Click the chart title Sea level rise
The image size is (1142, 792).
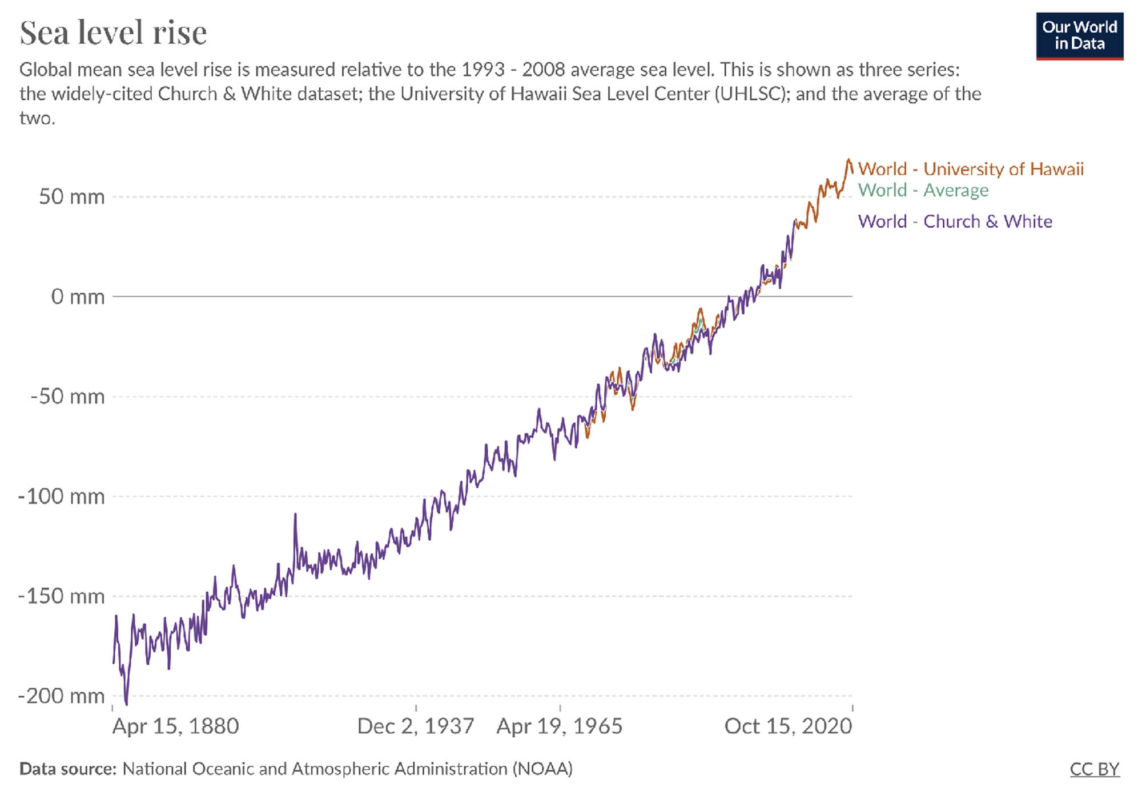(x=113, y=33)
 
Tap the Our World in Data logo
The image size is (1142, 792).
(x=1079, y=35)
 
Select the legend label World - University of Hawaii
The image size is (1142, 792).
(x=970, y=169)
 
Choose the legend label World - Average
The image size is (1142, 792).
(x=923, y=190)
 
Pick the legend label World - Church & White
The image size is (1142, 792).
(x=955, y=221)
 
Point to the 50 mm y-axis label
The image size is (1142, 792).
(x=71, y=197)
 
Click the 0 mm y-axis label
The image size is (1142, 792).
(x=78, y=297)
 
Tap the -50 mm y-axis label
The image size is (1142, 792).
(x=67, y=397)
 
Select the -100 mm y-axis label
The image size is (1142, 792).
(x=62, y=496)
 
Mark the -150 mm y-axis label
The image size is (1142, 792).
(x=62, y=596)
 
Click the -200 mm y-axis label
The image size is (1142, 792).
(x=62, y=696)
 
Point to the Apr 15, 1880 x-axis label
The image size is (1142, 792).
(x=175, y=726)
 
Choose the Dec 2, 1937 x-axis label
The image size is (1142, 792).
(x=416, y=726)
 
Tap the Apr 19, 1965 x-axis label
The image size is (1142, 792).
(x=559, y=726)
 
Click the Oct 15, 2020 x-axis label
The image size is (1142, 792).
(x=788, y=726)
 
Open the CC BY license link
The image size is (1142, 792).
(x=1094, y=769)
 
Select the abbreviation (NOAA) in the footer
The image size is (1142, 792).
(x=542, y=769)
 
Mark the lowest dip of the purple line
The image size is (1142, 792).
(x=126, y=704)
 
